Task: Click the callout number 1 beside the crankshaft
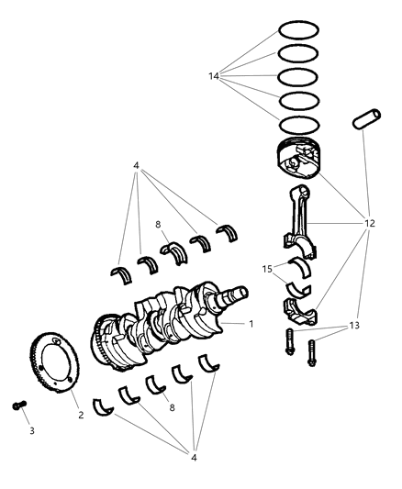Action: point(251,324)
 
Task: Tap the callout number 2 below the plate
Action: point(81,415)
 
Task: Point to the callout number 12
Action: point(370,223)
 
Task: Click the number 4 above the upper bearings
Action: point(136,166)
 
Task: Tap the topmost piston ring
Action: point(299,30)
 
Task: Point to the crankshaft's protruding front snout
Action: point(240,293)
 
